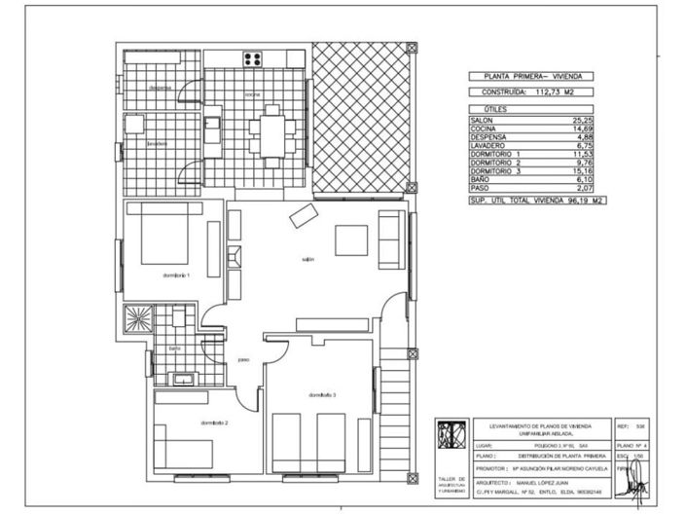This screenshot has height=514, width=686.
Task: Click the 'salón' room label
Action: point(307,259)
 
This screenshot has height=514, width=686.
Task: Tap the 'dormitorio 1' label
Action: point(176,275)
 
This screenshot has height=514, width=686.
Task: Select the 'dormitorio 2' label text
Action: point(214,422)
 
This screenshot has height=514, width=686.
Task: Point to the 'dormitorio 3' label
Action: point(322,394)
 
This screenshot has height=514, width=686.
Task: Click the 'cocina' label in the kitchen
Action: point(253,94)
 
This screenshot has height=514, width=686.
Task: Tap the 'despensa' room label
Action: point(161,88)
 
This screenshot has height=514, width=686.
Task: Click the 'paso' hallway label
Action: point(244,358)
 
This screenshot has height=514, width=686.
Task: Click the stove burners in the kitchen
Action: point(254,57)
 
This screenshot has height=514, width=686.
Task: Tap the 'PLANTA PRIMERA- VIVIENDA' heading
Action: point(532,76)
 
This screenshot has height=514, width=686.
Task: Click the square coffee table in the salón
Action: point(351,239)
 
